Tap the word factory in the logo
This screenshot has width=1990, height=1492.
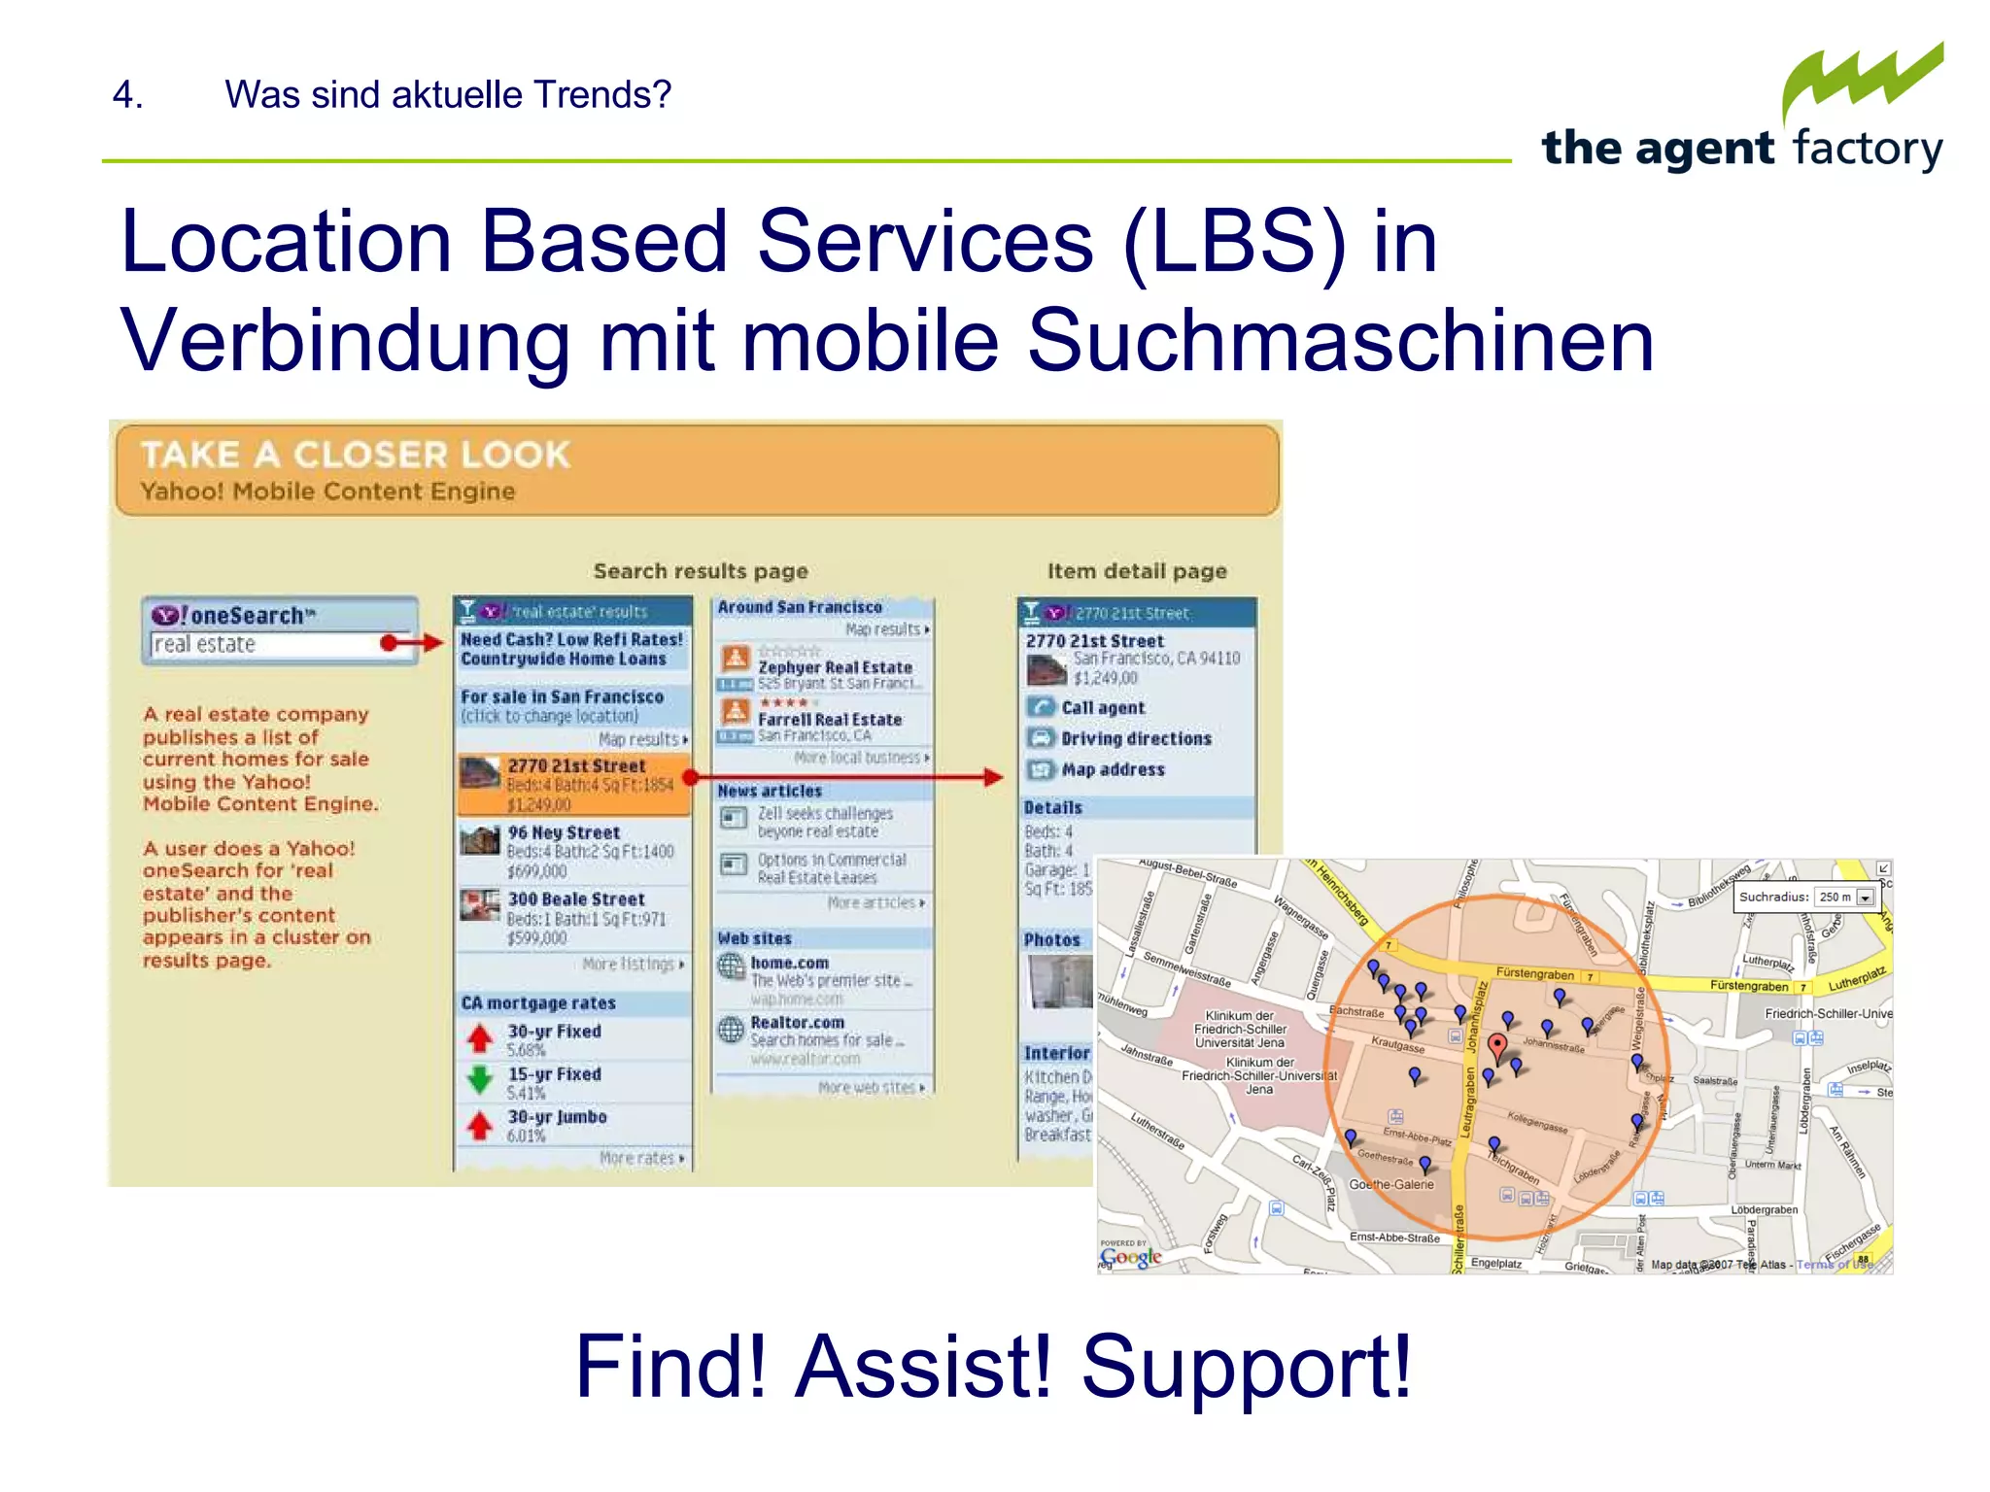1868,150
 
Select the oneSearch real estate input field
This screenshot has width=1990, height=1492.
267,644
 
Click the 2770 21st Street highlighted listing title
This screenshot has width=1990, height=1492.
576,765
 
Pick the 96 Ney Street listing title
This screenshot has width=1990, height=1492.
564,832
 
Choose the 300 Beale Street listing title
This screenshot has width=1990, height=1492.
576,899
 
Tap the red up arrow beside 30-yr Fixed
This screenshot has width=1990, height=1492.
479,1039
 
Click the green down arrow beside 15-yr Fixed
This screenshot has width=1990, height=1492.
479,1080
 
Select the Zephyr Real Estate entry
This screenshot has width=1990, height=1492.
835,667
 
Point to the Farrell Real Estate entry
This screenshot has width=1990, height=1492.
830,720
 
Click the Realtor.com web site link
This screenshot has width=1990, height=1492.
797,1023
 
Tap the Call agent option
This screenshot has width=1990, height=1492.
1103,708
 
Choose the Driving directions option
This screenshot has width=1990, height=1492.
1136,739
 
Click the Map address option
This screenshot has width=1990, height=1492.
1113,770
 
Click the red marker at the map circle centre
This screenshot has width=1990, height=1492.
1497,1046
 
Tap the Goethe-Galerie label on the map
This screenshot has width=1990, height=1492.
1390,1184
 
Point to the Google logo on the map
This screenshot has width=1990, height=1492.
1131,1257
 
